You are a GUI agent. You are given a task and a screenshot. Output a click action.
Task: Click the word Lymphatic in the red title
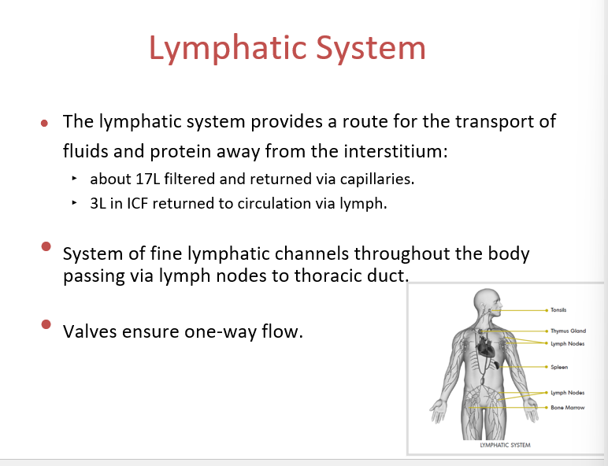point(228,49)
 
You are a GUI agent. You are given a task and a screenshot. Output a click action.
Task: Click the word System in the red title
point(371,48)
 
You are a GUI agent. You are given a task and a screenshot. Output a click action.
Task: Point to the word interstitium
point(395,150)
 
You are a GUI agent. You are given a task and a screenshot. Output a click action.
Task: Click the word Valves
point(90,331)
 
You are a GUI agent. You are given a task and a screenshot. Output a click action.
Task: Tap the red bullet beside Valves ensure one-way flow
point(46,324)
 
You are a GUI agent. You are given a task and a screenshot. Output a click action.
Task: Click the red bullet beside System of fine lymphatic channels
point(46,246)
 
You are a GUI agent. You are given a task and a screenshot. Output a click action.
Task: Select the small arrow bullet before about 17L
point(75,179)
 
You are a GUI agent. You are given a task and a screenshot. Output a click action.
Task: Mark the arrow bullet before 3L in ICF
point(75,202)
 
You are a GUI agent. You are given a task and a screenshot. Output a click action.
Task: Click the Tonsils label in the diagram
point(558,310)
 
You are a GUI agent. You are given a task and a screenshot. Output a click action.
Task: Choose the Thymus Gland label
point(568,331)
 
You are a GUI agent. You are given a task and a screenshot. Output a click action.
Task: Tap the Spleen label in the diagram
point(559,367)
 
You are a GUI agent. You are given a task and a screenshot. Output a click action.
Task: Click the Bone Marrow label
point(568,408)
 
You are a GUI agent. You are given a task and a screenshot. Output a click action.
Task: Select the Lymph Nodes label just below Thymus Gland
point(568,343)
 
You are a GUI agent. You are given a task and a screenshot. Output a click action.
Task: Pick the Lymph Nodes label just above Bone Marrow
point(568,393)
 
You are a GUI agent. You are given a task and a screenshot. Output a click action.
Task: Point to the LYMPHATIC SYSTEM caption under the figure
point(505,445)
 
